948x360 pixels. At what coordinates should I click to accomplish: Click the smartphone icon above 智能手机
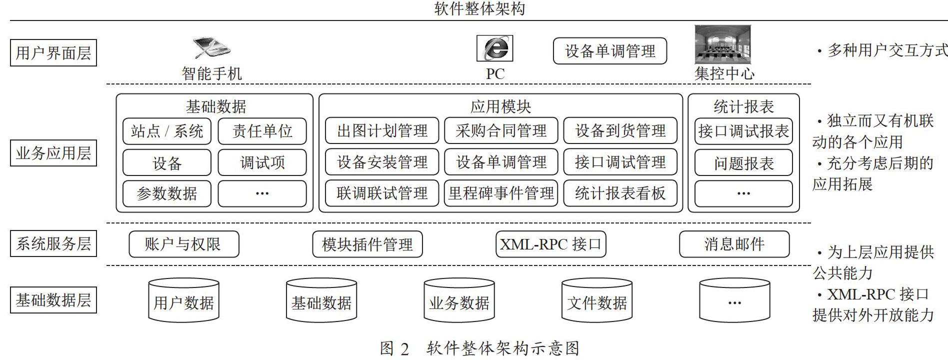coord(211,47)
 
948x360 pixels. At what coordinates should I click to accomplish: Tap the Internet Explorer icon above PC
coord(494,48)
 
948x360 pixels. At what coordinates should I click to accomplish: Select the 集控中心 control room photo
coord(723,45)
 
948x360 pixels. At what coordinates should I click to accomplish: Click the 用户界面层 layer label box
coord(53,53)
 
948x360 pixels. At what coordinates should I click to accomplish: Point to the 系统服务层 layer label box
coord(53,243)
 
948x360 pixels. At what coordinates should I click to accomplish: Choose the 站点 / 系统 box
coord(167,131)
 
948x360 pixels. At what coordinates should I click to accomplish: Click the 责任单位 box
coord(262,131)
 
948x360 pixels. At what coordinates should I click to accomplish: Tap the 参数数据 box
coord(167,193)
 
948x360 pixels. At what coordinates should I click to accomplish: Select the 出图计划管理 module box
coord(382,131)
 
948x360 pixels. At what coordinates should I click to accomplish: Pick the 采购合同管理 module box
coord(501,131)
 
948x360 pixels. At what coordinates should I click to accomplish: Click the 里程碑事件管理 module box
coord(501,193)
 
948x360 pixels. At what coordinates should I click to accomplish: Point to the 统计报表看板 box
coord(620,193)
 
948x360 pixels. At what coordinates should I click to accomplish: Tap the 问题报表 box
coord(743,163)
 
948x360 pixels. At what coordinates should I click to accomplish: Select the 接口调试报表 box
coord(743,131)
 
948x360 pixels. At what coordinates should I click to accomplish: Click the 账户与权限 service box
coord(184,244)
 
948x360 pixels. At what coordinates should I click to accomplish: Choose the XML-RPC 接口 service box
coord(551,244)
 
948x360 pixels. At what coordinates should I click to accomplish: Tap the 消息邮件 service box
coord(734,244)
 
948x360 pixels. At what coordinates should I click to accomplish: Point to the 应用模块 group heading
coord(500,106)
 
